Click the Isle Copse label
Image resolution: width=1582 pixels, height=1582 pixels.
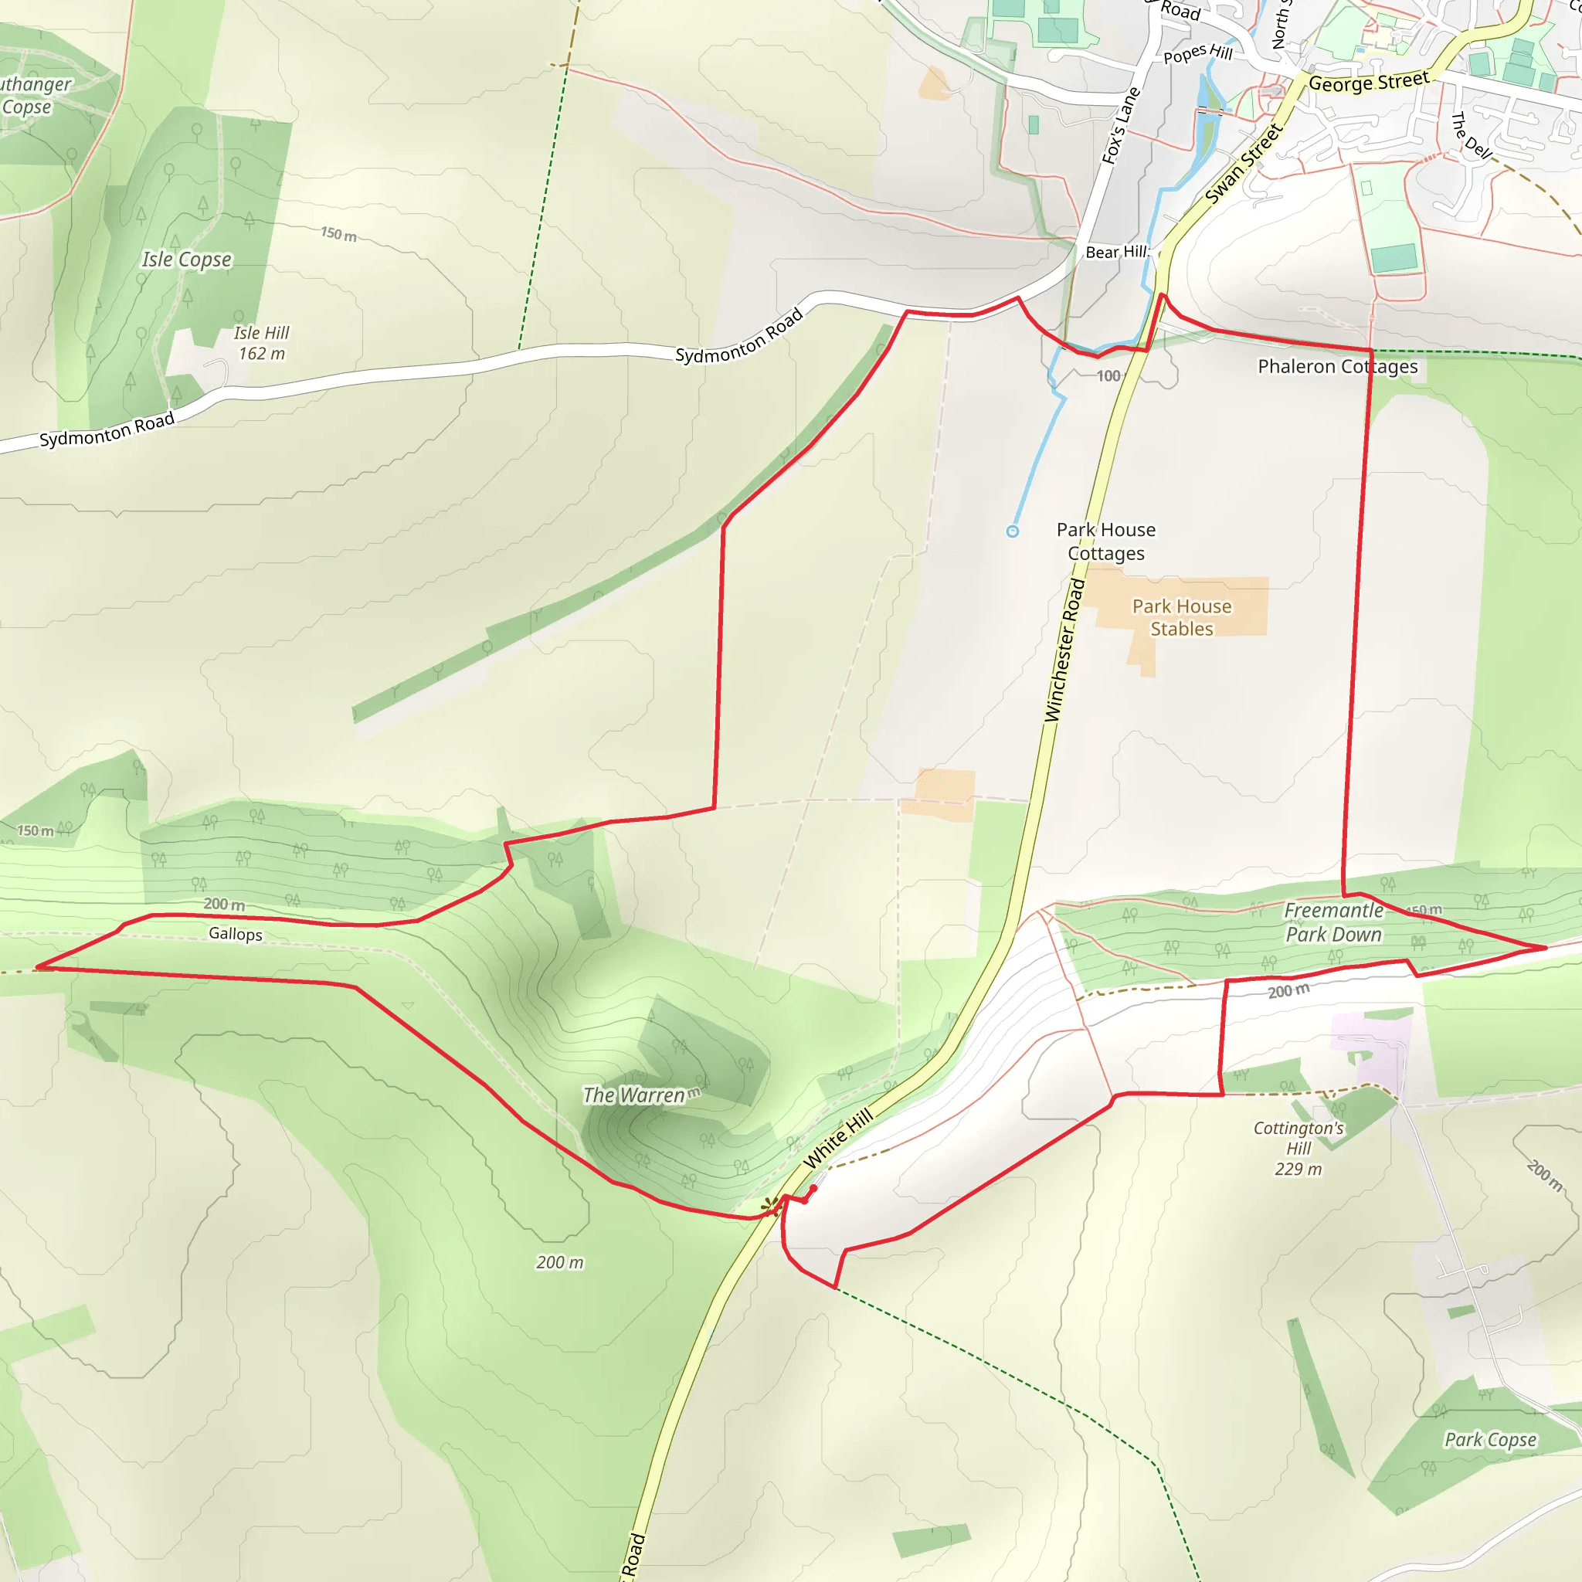187,260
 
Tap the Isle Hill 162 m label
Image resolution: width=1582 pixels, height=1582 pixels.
261,343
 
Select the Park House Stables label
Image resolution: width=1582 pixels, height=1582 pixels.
1182,617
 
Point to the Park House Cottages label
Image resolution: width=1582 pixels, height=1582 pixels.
1105,541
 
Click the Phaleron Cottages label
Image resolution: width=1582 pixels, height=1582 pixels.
1337,366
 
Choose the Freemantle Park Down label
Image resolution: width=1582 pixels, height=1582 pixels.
1333,922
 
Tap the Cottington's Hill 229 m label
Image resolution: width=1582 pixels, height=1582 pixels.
1298,1148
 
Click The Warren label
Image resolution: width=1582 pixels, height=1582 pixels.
633,1095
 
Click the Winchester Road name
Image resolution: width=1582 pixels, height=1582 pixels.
1064,651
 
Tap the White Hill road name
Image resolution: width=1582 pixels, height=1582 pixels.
837,1138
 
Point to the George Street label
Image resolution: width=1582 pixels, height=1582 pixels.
1368,81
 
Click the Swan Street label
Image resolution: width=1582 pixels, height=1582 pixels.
1243,163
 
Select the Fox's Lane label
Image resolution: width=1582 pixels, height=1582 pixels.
1120,125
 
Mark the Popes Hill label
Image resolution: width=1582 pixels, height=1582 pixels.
1198,54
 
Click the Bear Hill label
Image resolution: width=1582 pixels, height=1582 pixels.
1116,252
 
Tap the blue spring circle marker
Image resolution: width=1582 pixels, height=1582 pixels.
1012,531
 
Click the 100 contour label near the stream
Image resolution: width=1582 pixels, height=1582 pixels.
1108,376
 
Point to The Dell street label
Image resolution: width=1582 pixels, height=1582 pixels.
1472,136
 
